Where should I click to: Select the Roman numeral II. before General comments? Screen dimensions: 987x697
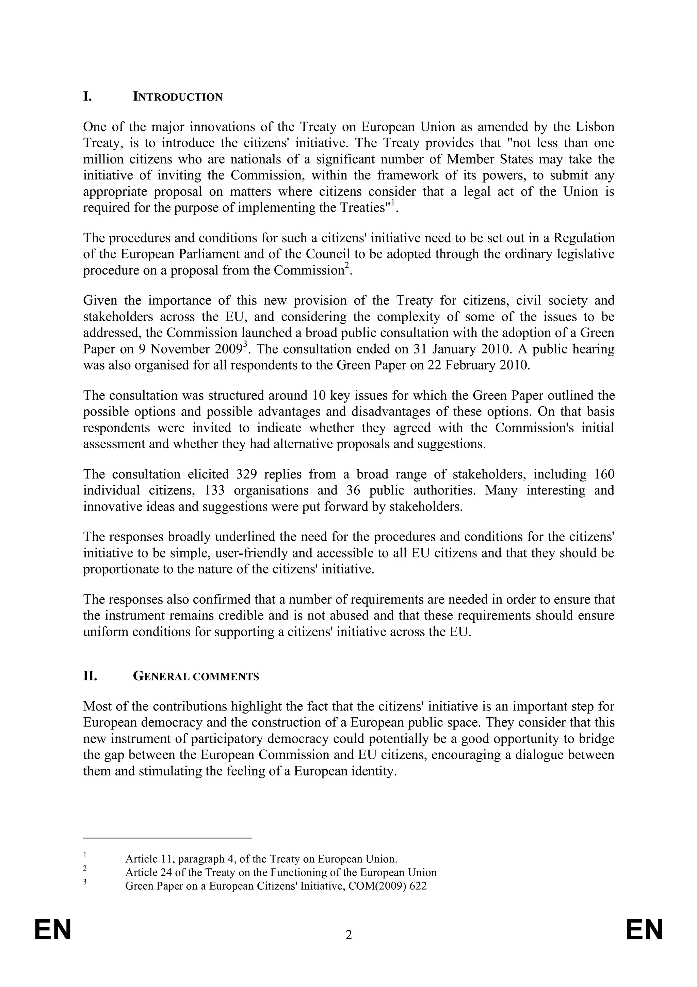click(x=90, y=676)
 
